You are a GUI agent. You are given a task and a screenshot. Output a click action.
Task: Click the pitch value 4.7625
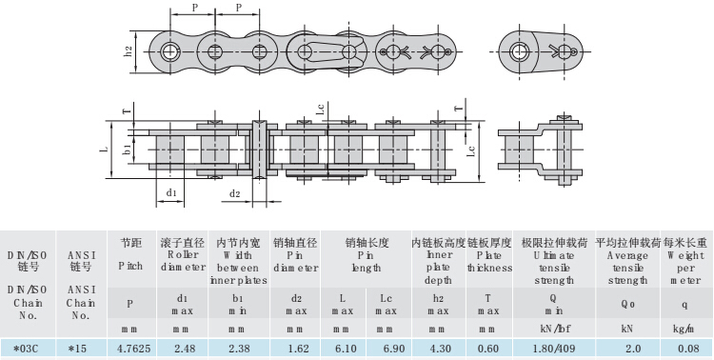133,350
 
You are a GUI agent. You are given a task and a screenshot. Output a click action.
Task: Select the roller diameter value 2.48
185,350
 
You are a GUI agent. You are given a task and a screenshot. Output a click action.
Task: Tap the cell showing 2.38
239,350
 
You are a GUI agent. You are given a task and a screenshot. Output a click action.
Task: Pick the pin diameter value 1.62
298,350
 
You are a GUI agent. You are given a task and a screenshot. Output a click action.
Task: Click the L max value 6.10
346,350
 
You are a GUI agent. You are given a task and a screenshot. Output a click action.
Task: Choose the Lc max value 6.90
394,350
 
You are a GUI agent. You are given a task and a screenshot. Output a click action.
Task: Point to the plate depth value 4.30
441,350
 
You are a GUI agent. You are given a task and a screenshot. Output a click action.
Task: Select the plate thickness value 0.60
488,350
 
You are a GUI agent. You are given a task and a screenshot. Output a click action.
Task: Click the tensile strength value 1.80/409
554,350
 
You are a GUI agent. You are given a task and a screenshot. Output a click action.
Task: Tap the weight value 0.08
687,350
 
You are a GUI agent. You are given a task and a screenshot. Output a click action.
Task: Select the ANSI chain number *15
77,350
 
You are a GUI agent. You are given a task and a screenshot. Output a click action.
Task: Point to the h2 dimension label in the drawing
129,51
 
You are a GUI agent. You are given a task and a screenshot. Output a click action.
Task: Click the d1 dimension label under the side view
171,192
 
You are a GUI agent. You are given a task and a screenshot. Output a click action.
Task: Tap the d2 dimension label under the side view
234,194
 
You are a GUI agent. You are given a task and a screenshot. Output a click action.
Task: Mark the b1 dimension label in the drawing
128,149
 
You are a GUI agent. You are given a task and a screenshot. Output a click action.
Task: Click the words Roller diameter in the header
183,261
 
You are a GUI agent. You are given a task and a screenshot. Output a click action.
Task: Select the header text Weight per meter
685,268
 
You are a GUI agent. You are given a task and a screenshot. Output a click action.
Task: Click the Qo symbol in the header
628,305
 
